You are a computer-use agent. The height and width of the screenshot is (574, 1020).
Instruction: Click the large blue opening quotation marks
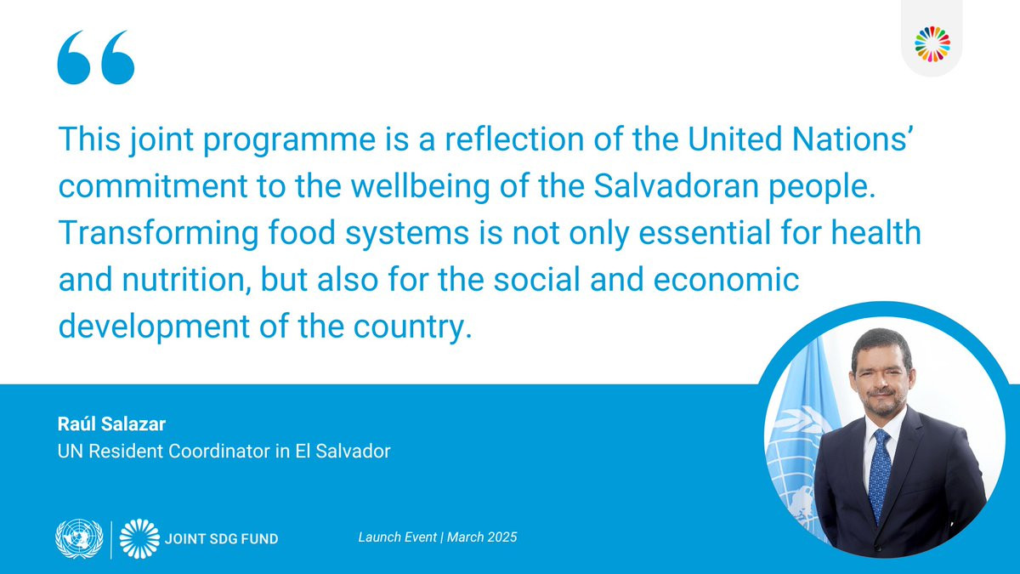pyautogui.click(x=95, y=58)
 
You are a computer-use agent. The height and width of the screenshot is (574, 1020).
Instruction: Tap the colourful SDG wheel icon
pyautogui.click(x=932, y=44)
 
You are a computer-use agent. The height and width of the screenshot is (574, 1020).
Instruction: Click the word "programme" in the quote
pyautogui.click(x=289, y=141)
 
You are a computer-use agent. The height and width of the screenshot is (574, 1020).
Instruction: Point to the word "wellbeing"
pyautogui.click(x=420, y=188)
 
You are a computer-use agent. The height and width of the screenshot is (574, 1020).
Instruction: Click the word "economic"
pyautogui.click(x=726, y=279)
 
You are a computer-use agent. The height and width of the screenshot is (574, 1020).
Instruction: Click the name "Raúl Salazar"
pyautogui.click(x=111, y=423)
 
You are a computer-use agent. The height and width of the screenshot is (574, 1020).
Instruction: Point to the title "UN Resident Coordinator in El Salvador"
pyautogui.click(x=224, y=451)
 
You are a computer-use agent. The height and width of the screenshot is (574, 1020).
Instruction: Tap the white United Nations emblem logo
pyautogui.click(x=79, y=538)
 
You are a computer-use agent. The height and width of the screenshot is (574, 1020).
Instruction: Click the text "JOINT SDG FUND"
pyautogui.click(x=221, y=539)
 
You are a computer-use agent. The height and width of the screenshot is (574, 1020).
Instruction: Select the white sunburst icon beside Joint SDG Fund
pyautogui.click(x=139, y=538)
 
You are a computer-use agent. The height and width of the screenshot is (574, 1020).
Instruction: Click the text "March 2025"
pyautogui.click(x=482, y=537)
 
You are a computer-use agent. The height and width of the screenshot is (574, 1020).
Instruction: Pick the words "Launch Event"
pyautogui.click(x=398, y=537)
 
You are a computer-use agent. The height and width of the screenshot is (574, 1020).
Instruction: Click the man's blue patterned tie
pyautogui.click(x=880, y=474)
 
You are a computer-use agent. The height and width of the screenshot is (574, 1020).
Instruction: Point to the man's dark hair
pyautogui.click(x=881, y=345)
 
